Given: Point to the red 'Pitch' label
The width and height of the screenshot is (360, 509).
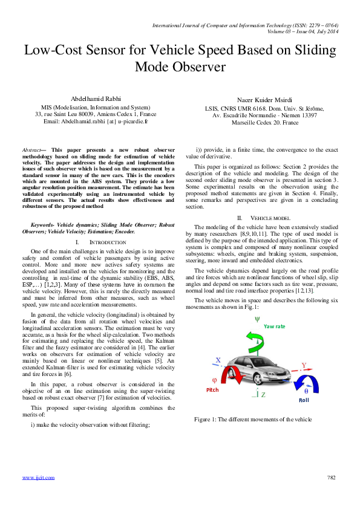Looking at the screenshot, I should tap(213, 391).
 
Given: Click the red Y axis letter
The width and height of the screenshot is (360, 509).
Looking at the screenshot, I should tap(304, 365).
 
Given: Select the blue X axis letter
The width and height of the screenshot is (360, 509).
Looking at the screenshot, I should tap(218, 360).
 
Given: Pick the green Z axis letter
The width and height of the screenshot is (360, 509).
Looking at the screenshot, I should tap(264, 395).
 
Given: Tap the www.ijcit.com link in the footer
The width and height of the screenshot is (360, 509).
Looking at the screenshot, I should tap(38, 478).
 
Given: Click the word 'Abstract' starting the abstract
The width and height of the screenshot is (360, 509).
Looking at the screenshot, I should tap(31, 149).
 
